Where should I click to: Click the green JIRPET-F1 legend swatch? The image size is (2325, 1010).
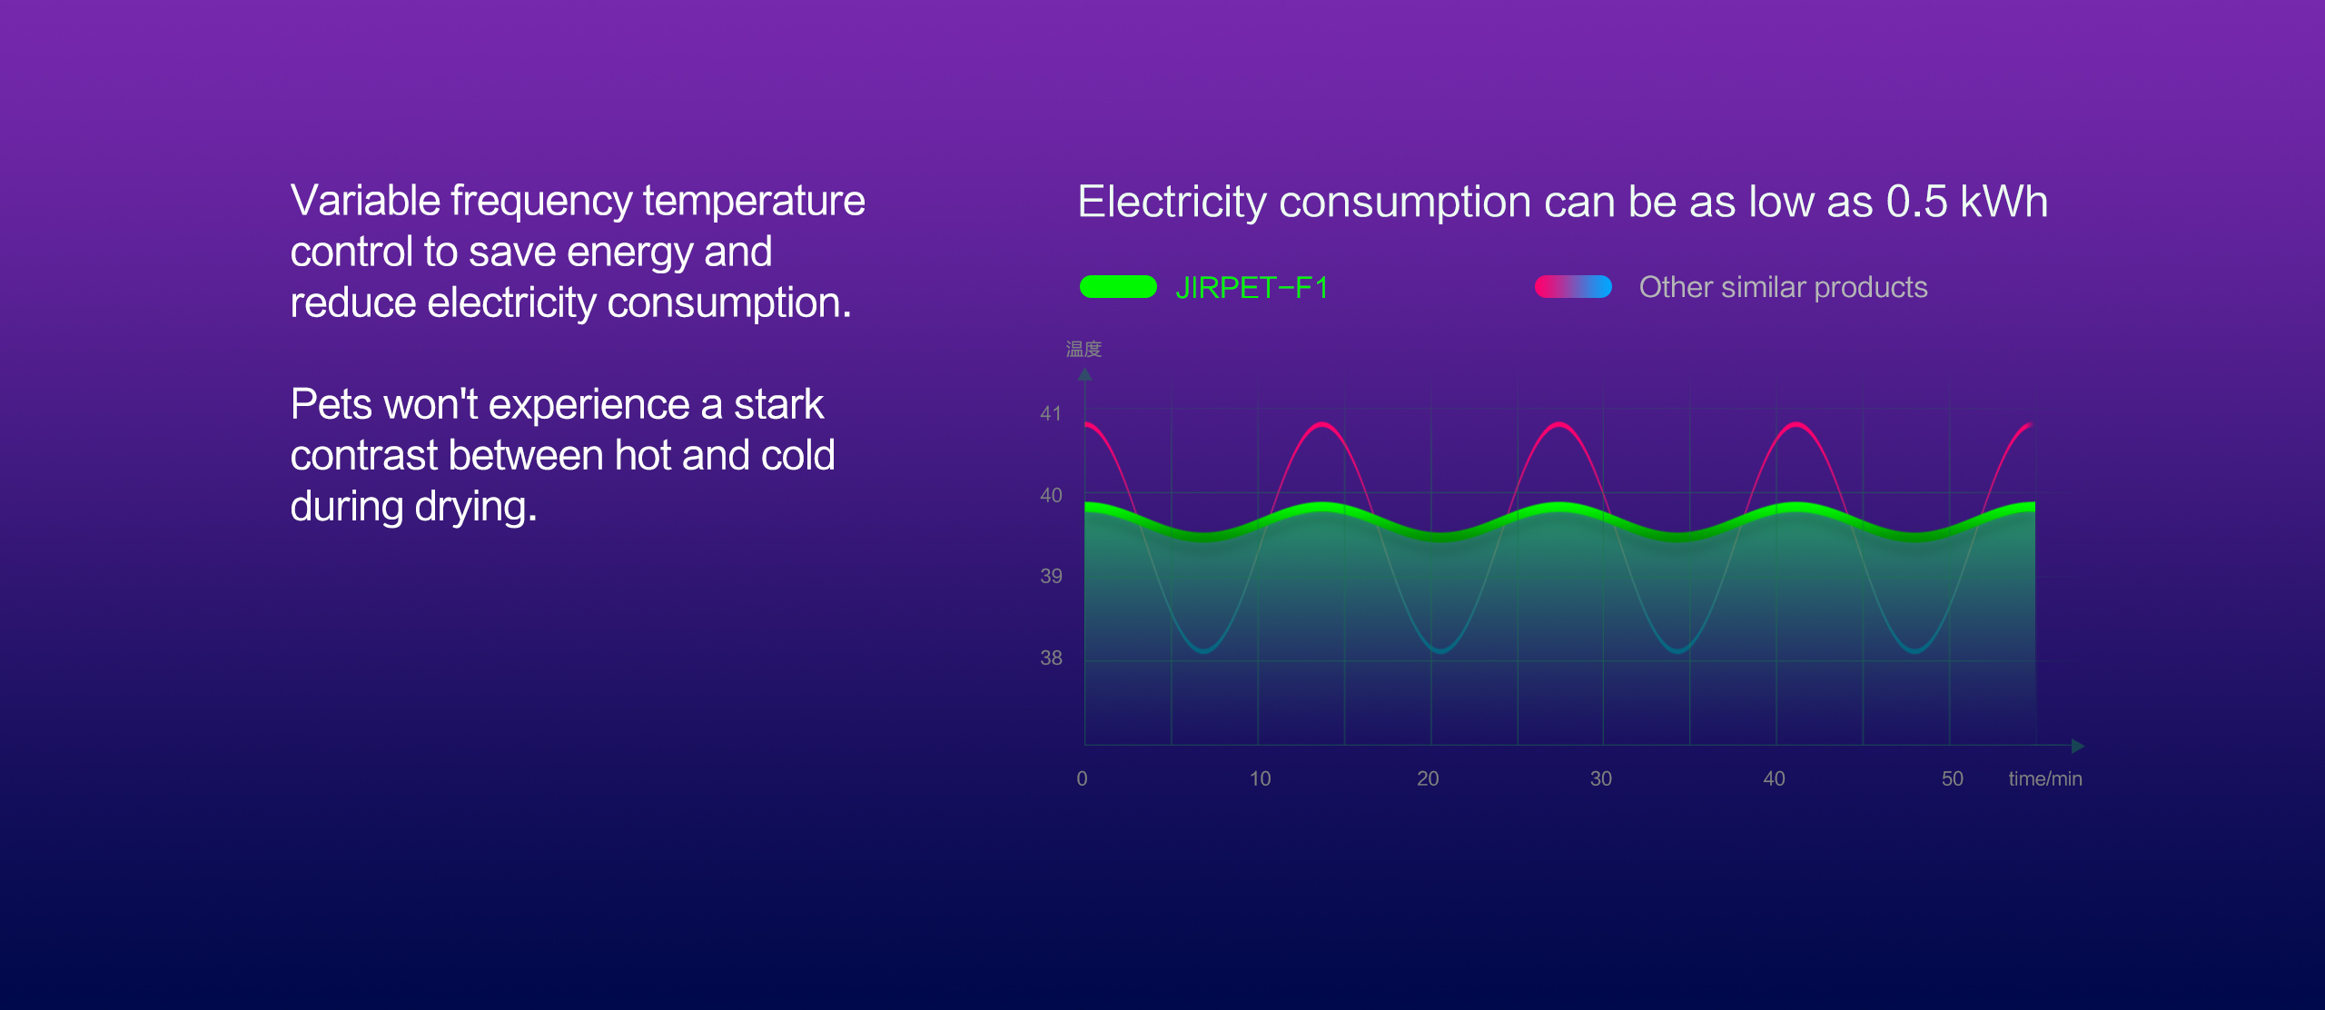click(1118, 287)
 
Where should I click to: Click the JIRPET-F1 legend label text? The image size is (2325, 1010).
click(1252, 288)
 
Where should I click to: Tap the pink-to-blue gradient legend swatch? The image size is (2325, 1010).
click(1573, 287)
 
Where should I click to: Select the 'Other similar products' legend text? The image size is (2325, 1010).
click(1783, 287)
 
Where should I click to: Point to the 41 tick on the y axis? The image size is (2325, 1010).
click(1051, 413)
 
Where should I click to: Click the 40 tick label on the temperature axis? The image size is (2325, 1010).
click(1051, 495)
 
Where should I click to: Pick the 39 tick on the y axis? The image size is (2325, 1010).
click(1051, 576)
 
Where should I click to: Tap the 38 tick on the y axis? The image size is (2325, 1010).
click(1051, 658)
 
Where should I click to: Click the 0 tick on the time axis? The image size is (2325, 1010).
click(1082, 778)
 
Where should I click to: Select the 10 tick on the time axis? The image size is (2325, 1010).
click(1260, 778)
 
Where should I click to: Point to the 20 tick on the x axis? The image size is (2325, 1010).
click(1428, 778)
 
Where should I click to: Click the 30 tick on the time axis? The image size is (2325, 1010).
click(1601, 778)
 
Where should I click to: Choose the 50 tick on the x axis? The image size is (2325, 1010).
click(1953, 778)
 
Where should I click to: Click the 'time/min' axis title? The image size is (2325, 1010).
click(2045, 778)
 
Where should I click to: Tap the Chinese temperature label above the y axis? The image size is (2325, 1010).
click(1083, 349)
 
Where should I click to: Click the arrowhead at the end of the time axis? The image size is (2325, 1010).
click(2078, 746)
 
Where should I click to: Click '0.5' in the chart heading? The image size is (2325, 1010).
click(1916, 202)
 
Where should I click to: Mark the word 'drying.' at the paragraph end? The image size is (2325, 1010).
click(476, 507)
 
